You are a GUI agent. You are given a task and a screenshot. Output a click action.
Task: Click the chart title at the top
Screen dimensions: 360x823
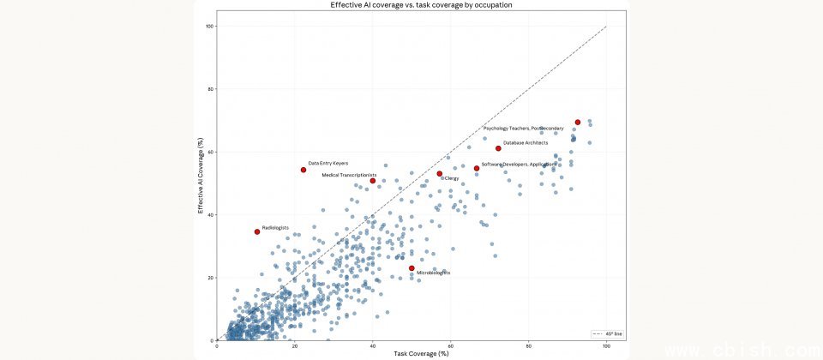[411, 5]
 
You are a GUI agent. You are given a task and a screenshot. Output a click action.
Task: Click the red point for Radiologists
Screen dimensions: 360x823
[256, 231]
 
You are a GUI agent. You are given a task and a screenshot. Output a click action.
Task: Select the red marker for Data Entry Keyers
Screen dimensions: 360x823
[303, 170]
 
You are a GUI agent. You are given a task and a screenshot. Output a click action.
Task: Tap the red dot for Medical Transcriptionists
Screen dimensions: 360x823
[373, 181]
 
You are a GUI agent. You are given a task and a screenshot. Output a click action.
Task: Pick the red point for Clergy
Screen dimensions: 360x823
[440, 174]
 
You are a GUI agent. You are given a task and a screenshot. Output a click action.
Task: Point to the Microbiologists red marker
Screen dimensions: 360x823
[411, 268]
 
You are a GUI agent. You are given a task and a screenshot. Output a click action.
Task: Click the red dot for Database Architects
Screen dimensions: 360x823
[498, 148]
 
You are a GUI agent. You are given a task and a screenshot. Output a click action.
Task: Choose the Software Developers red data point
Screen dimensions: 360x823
[477, 168]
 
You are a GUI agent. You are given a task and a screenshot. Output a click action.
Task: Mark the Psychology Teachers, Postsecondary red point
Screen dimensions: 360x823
[578, 123]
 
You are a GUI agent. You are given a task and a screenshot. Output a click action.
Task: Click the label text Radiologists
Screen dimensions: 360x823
[275, 227]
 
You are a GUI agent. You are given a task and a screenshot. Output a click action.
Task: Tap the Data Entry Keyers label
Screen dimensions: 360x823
[328, 163]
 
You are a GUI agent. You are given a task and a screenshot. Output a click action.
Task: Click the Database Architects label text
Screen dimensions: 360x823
[526, 142]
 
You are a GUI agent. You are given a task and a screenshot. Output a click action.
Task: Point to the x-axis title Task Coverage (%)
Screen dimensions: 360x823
[411, 353]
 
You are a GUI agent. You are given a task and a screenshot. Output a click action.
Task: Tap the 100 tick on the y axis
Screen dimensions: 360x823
[209, 27]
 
